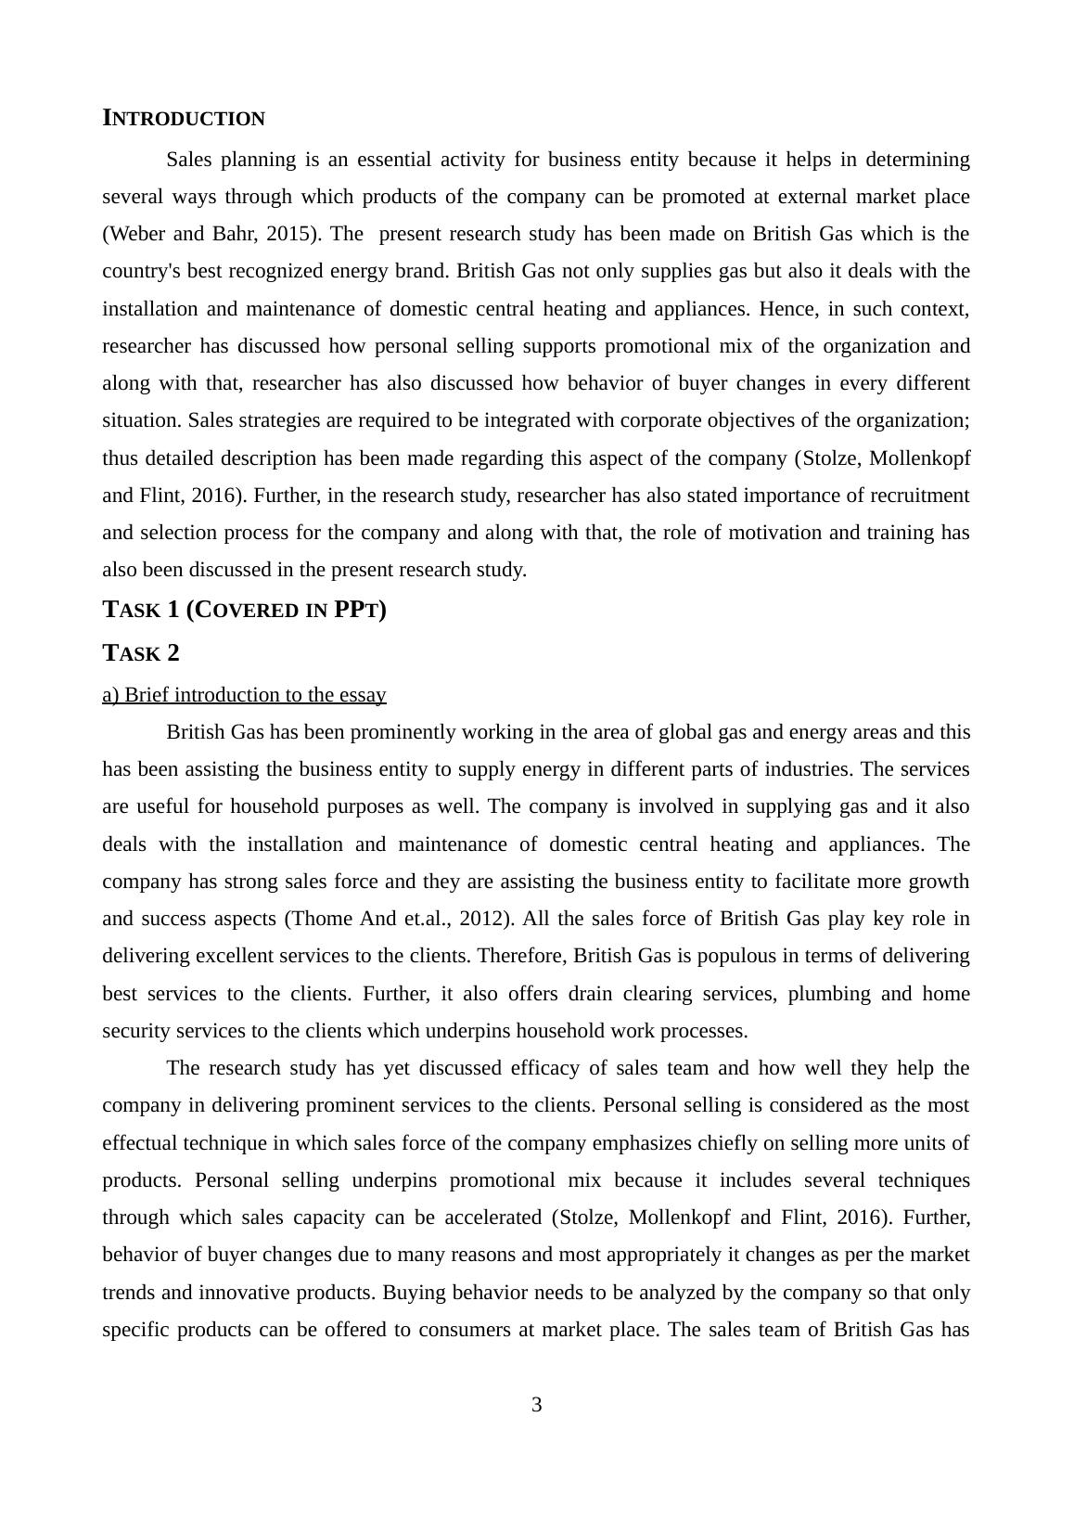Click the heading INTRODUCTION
pyautogui.click(x=184, y=119)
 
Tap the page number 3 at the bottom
pyautogui.click(x=536, y=1405)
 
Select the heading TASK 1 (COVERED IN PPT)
pyautogui.click(x=244, y=610)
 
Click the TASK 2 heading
pyautogui.click(x=141, y=653)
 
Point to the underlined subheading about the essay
pyautogui.click(x=244, y=695)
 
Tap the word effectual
pyautogui.click(x=142, y=1143)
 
